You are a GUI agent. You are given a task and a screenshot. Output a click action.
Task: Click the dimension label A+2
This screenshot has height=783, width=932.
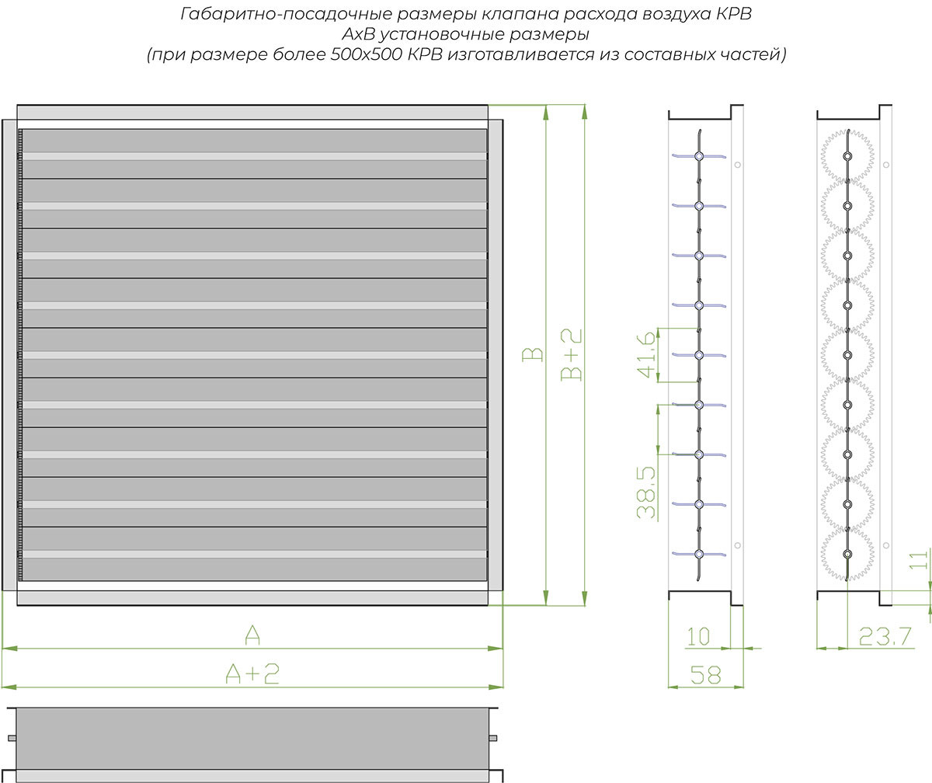252,673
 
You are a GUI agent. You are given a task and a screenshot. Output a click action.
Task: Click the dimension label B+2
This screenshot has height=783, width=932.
572,355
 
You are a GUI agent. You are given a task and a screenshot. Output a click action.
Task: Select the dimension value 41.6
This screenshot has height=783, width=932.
647,355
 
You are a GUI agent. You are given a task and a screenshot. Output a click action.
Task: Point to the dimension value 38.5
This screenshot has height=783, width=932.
647,492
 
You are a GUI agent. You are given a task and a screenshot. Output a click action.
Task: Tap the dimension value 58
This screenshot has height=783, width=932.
705,674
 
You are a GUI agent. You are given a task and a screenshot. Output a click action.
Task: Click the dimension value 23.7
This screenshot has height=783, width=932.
885,637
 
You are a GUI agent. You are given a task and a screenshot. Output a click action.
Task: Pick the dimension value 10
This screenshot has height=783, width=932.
698,636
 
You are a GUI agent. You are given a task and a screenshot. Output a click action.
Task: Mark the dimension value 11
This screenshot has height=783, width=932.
919,560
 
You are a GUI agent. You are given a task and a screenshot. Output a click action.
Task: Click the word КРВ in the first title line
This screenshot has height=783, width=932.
734,15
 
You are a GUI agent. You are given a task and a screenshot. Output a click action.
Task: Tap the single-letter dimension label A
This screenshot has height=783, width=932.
252,635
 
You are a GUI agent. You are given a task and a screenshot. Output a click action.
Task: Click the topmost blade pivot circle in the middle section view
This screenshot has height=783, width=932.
699,156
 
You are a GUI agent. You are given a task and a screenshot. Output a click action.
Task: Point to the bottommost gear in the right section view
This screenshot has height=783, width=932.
847,554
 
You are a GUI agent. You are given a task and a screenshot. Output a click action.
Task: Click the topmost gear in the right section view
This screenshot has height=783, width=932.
847,156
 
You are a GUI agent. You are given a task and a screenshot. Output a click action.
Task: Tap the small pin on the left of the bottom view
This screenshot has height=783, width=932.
12,737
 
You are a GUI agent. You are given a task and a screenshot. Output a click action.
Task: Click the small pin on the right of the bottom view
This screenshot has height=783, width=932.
492,737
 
